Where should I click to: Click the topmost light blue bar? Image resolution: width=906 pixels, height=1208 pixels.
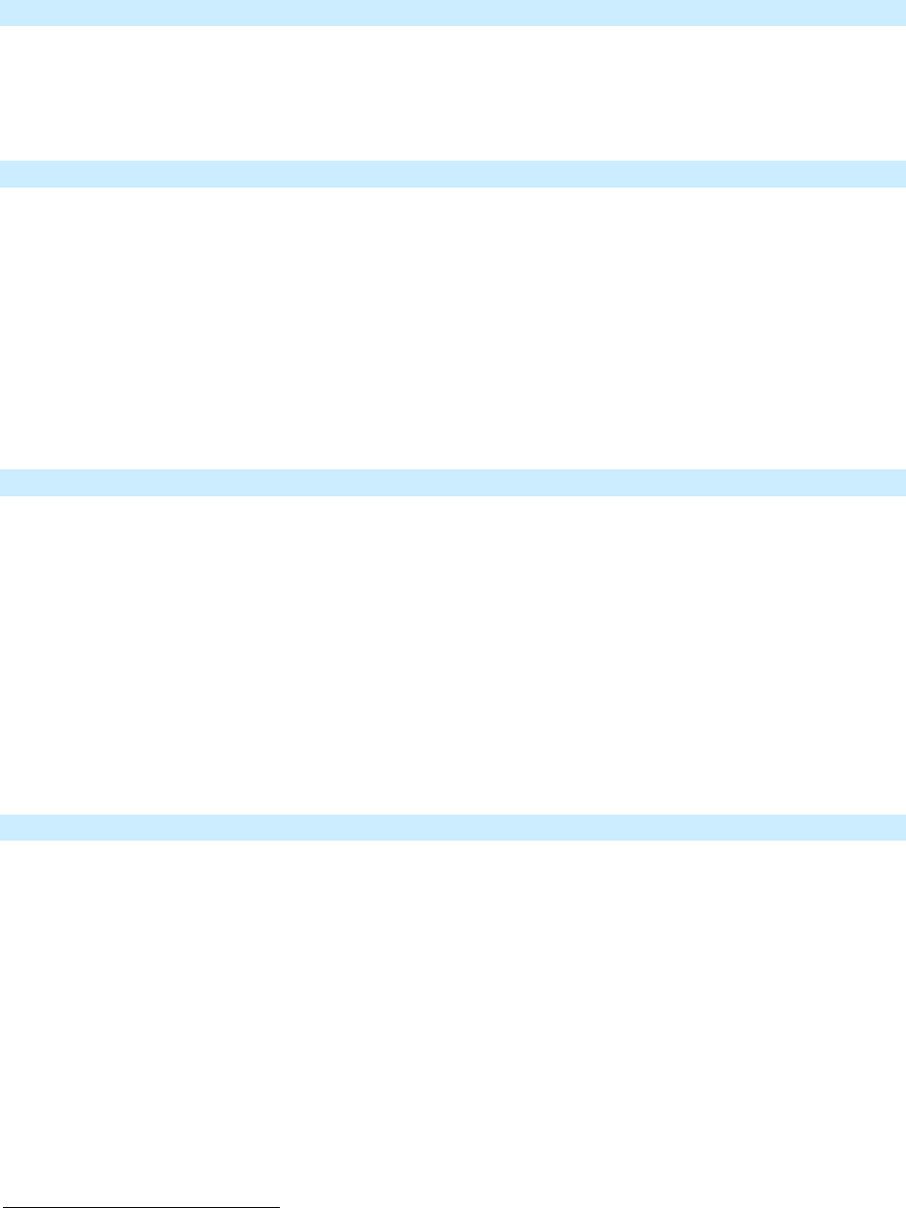tap(453, 13)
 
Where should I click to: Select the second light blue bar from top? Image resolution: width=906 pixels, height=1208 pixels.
tap(453, 173)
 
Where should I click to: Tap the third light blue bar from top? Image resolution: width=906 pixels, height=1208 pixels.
tap(453, 482)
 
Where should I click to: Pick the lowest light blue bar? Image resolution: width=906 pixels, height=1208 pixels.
tap(453, 827)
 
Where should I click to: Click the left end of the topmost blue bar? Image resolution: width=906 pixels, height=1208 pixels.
tap(3, 13)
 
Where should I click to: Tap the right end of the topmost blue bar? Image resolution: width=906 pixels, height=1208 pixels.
tap(902, 13)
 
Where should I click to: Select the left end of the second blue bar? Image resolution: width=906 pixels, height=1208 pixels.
tap(3, 173)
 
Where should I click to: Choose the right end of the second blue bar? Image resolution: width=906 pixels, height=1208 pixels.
tap(902, 173)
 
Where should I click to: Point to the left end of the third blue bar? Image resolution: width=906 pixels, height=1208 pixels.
tap(3, 482)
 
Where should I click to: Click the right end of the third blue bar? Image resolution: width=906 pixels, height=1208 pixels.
tap(902, 482)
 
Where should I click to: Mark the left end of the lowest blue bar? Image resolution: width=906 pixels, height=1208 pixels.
tap(3, 827)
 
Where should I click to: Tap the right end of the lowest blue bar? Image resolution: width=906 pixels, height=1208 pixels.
tap(902, 827)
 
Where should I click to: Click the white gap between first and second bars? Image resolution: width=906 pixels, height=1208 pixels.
tap(453, 92)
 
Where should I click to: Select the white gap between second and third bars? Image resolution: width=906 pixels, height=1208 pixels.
tap(453, 327)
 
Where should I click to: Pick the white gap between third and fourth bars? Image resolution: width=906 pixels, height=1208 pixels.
tap(453, 654)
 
